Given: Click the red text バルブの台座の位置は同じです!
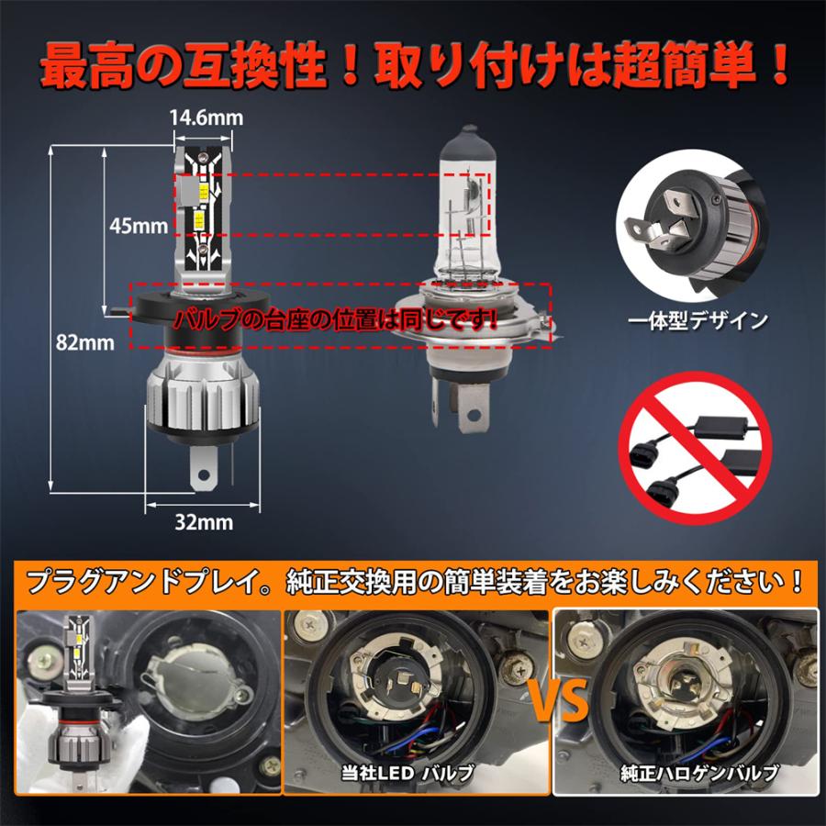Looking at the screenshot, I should pyautogui.click(x=338, y=318).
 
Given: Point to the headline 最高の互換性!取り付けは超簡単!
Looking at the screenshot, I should pyautogui.click(x=413, y=66).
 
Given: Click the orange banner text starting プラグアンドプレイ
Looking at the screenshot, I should pyautogui.click(x=413, y=582).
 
